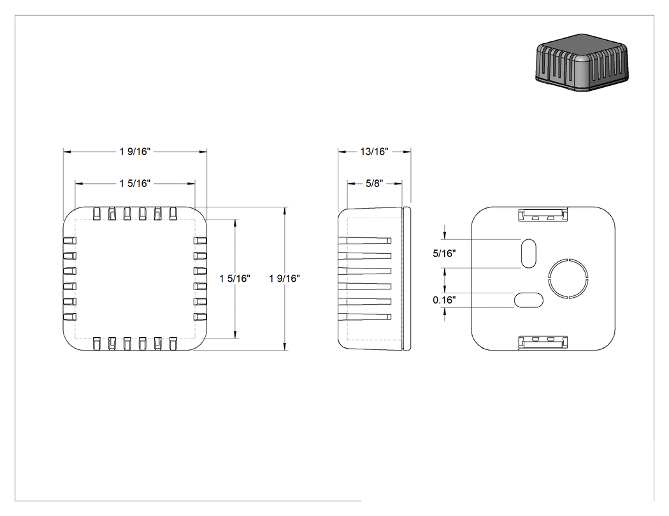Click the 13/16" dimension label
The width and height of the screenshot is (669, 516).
(x=374, y=151)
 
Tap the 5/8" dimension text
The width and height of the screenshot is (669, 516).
(x=375, y=183)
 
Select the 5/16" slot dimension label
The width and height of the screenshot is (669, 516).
(x=444, y=253)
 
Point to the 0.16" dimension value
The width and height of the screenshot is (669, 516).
(x=444, y=300)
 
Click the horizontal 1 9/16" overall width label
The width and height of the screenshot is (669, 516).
(x=135, y=151)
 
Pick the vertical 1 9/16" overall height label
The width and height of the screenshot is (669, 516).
(x=285, y=278)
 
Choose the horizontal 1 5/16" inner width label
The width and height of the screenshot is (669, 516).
(x=135, y=183)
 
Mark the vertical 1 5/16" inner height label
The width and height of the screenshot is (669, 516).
(x=234, y=278)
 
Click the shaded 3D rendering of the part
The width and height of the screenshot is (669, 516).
(x=582, y=63)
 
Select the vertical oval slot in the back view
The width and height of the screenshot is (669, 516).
(x=529, y=253)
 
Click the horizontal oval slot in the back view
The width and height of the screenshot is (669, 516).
(x=529, y=300)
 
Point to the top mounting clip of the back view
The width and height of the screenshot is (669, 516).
(x=543, y=215)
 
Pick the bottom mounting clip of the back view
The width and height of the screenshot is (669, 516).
(x=543, y=342)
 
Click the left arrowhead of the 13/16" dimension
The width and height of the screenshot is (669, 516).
(x=342, y=151)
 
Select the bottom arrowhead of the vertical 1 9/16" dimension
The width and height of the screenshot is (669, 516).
(x=285, y=347)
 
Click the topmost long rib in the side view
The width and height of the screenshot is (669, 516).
(x=365, y=241)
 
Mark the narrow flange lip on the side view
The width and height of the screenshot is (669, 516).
(x=407, y=279)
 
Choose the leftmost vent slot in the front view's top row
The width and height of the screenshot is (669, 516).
(x=97, y=214)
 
